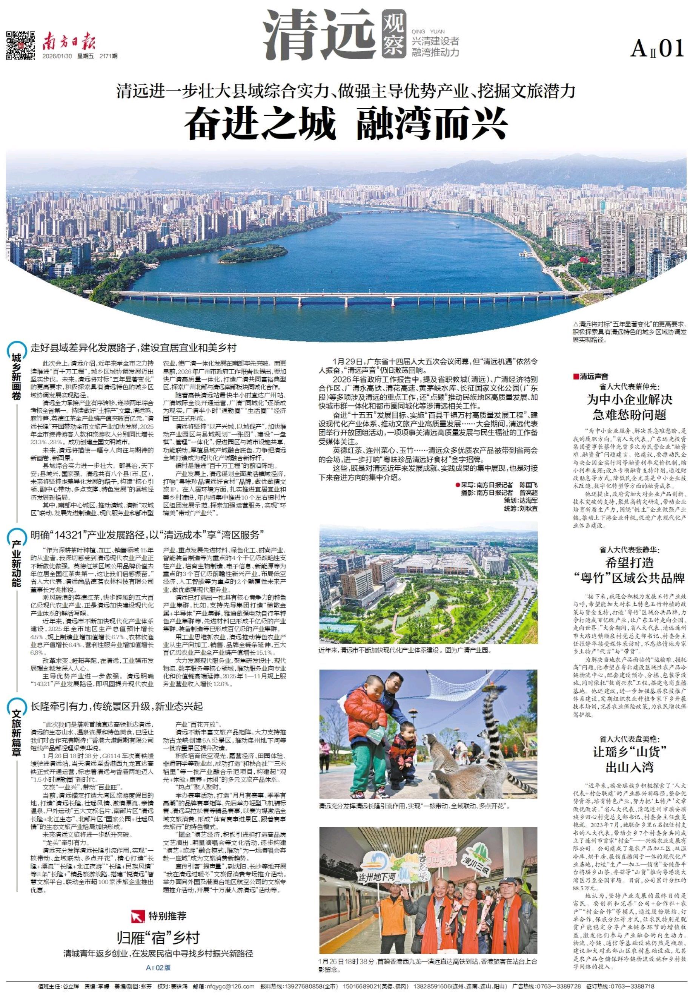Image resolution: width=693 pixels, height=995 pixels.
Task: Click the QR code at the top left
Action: click(x=20, y=45)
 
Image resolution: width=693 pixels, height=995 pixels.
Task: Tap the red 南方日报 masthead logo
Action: click(x=69, y=42)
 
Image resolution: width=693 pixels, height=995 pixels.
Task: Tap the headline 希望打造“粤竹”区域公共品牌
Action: click(x=629, y=570)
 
